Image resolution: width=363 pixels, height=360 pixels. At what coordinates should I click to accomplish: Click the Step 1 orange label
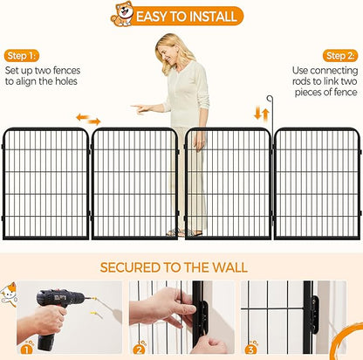click(x=22, y=56)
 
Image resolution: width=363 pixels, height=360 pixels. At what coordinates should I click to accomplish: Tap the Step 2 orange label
click(x=340, y=56)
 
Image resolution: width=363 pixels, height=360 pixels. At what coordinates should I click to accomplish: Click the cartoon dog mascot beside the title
click(x=122, y=14)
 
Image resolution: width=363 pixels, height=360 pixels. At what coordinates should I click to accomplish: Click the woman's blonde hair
click(x=173, y=52)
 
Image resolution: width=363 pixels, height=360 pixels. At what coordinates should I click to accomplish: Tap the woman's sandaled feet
click(x=184, y=232)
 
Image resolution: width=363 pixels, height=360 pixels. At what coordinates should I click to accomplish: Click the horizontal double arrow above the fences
click(x=88, y=120)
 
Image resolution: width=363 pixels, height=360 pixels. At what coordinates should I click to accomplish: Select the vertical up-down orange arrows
click(x=262, y=114)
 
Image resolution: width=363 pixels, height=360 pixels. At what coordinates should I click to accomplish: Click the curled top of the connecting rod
click(x=270, y=99)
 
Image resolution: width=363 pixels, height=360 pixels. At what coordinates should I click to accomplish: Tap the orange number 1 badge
click(x=26, y=349)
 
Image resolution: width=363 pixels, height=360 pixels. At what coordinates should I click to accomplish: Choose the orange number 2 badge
click(x=139, y=349)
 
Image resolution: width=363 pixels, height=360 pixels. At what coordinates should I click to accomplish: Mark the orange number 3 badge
click(x=250, y=349)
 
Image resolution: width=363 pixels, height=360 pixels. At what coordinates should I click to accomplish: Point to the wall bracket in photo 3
click(x=314, y=315)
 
